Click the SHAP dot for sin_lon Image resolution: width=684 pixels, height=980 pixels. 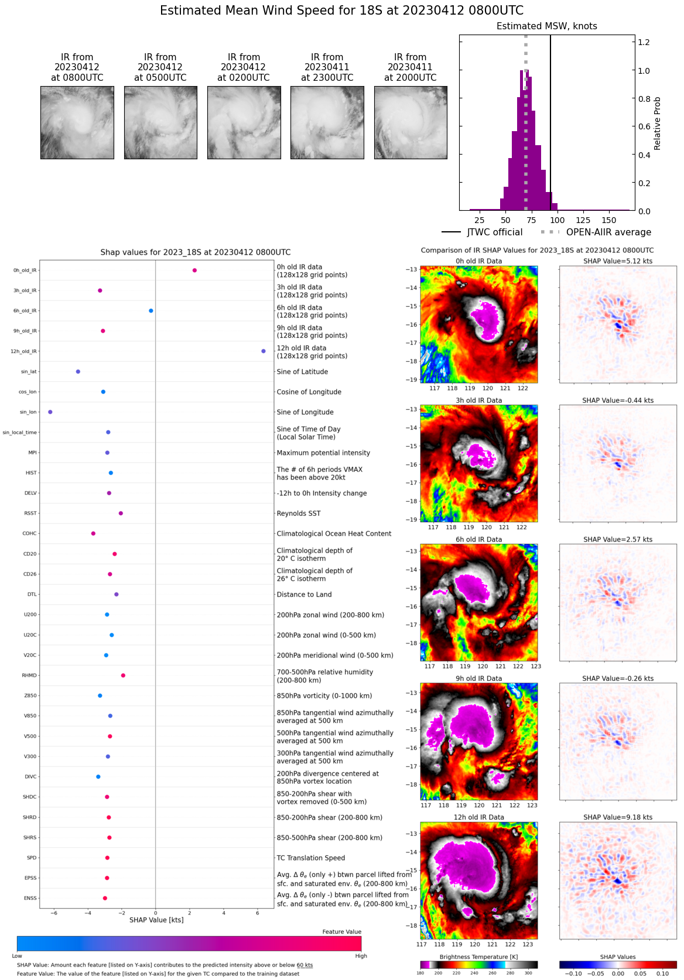tap(50, 412)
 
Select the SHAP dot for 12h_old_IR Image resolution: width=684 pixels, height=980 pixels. tap(264, 351)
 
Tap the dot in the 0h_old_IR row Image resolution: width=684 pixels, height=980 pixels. tap(194, 270)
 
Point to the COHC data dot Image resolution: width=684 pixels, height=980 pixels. tap(93, 533)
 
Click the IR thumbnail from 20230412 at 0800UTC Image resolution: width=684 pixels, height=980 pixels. tap(77, 122)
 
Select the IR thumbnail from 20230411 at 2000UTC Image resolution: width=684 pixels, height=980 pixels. tap(411, 122)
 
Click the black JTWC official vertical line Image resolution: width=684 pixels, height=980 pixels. tap(550, 117)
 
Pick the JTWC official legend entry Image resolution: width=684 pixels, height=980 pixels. tap(482, 232)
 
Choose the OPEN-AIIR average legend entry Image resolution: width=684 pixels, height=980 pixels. tap(597, 232)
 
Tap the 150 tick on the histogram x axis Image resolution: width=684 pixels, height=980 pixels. tap(609, 220)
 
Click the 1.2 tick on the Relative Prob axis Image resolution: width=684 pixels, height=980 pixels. tap(644, 42)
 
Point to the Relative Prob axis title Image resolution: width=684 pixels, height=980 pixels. tap(658, 124)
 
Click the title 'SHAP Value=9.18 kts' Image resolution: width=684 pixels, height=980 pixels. tap(618, 817)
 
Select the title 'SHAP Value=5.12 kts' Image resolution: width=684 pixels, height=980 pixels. tap(618, 261)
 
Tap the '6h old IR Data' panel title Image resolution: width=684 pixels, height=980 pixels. tap(478, 540)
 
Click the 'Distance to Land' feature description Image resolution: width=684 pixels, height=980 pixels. tap(304, 595)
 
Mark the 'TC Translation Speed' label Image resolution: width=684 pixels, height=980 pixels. tap(311, 858)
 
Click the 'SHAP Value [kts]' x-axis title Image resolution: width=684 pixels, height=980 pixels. tap(156, 920)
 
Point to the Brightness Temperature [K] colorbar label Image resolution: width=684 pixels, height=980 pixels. tap(479, 957)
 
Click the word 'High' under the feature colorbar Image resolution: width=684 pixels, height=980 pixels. tap(361, 956)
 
